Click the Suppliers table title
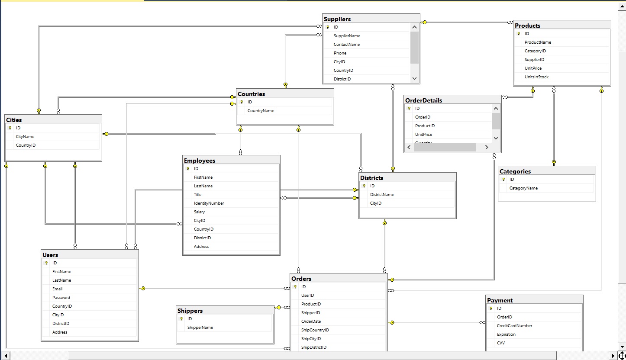337,19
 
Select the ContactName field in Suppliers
347,45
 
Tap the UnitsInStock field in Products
536,77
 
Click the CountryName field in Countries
261,111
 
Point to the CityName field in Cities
25,137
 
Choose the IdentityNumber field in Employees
209,203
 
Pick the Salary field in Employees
200,212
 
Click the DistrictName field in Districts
382,195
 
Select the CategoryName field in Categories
523,188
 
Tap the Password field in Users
61,298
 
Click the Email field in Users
58,289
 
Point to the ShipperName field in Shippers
200,328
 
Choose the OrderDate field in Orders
311,321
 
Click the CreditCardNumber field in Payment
515,326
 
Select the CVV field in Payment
501,343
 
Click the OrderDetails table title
423,100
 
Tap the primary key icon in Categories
503,180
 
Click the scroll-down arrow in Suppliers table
414,78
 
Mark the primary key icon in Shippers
181,319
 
